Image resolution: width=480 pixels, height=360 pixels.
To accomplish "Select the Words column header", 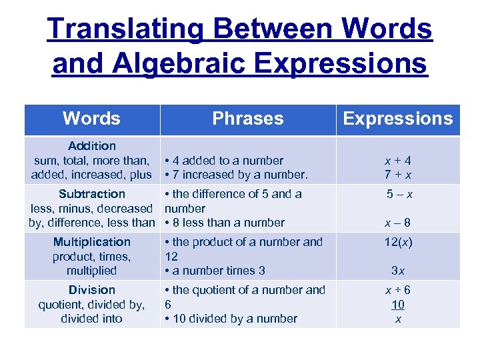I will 91,119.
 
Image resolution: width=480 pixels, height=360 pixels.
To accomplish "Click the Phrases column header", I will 247,119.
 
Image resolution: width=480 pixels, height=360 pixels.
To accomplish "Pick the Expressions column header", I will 397,119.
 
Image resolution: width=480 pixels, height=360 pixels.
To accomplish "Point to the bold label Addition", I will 92,145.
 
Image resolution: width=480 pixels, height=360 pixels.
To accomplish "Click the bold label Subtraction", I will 92,194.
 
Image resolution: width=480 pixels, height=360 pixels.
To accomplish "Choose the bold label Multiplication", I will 92,242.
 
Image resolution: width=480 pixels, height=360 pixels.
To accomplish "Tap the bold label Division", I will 92,290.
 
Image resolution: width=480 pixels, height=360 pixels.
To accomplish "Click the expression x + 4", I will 397,161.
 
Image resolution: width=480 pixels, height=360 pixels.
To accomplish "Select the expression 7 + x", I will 397,175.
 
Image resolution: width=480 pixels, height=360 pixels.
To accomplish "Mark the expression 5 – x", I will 399,194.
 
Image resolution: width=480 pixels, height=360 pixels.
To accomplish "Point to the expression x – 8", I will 397,223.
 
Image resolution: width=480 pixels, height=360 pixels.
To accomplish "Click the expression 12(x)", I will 398,242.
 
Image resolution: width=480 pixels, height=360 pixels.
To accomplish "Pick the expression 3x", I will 397,271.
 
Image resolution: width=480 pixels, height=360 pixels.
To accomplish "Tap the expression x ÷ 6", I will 397,290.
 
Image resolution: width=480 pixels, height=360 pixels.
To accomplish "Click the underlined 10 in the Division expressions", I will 398,305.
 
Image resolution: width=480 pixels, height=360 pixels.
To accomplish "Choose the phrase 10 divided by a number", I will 234,319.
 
